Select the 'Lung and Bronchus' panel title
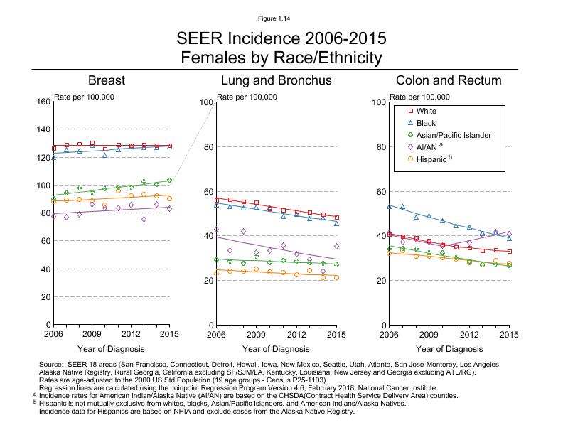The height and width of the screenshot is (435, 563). click(276, 80)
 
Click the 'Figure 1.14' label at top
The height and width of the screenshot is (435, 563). click(281, 18)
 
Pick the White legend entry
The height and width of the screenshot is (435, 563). click(427, 111)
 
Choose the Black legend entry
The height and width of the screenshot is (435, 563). click(427, 123)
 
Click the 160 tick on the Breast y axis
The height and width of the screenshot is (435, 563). click(42, 102)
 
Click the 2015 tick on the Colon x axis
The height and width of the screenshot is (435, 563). click(508, 333)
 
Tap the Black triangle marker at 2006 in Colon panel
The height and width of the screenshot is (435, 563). click(389, 206)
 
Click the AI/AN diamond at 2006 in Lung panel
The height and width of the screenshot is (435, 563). click(216, 230)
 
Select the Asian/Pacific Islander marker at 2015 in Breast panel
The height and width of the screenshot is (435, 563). click(169, 180)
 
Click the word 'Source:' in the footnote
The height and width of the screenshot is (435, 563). click(52, 363)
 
